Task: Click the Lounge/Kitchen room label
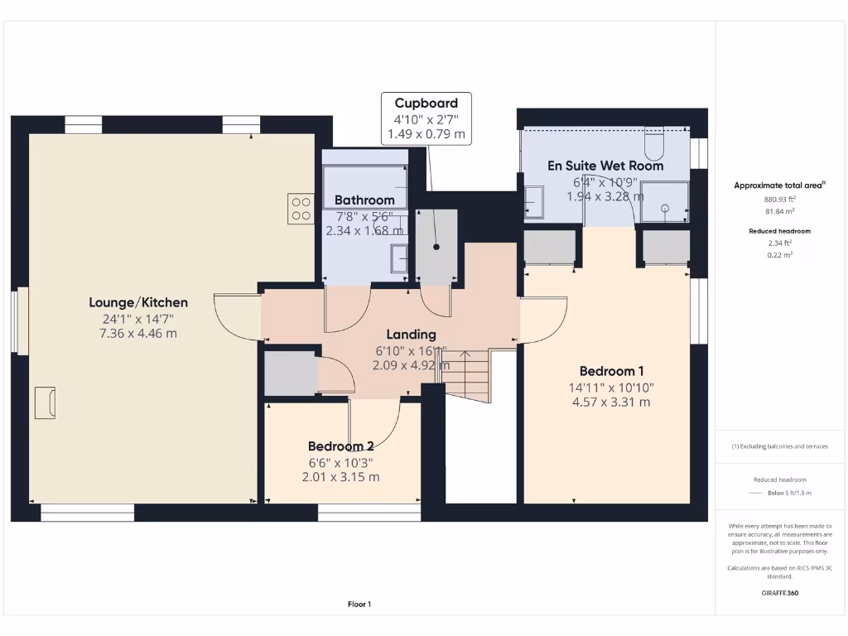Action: (139, 303)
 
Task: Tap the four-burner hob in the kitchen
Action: (300, 208)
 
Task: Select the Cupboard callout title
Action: (426, 104)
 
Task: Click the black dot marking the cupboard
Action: (436, 247)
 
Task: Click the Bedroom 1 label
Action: (611, 371)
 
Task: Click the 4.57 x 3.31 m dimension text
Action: (611, 402)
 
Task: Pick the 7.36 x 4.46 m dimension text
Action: (139, 334)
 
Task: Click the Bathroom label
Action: (364, 200)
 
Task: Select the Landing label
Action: (411, 335)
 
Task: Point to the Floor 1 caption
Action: (359, 605)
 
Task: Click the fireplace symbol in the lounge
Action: (45, 402)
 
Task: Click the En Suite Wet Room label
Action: (605, 166)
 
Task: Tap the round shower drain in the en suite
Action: (664, 210)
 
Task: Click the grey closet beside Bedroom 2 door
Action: (289, 373)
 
